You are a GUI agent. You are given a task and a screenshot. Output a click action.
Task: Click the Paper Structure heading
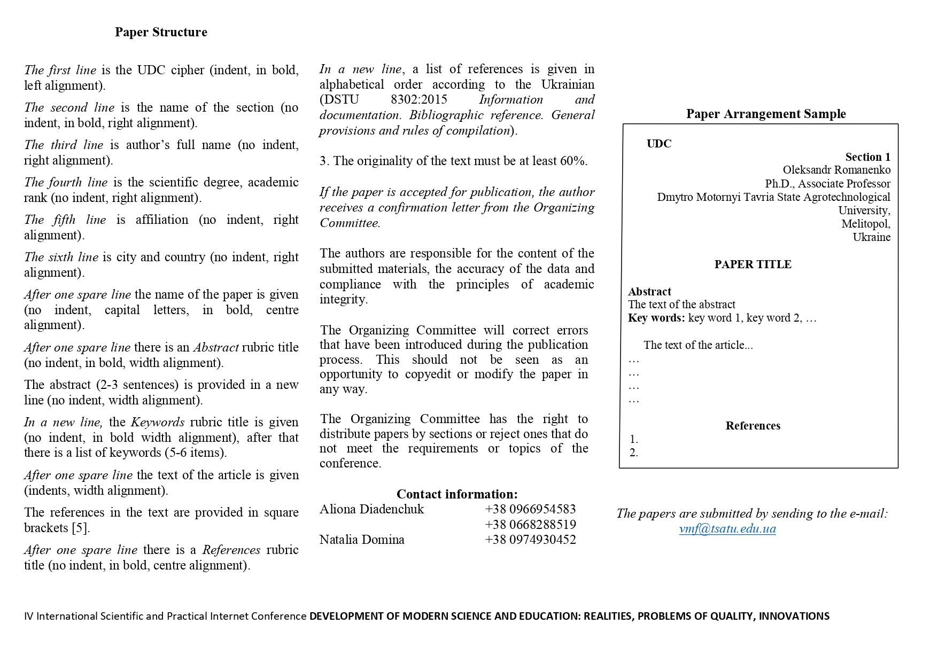click(161, 32)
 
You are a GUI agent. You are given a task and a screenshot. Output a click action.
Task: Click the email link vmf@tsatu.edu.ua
click(727, 529)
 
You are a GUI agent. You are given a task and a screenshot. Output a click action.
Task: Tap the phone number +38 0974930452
click(530, 540)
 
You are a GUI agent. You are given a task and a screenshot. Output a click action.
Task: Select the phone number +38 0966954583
click(530, 509)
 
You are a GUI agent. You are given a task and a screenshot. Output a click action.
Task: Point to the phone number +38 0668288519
click(530, 525)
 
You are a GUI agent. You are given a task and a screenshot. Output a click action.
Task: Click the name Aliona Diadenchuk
click(371, 509)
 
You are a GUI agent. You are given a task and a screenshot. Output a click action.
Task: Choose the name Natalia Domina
click(362, 540)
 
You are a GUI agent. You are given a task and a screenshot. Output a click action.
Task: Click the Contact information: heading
click(457, 494)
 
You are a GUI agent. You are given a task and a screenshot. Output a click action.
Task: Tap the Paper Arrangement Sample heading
click(766, 114)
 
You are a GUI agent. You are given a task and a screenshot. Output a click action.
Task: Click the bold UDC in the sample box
click(659, 144)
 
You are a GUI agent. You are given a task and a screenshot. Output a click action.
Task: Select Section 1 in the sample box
click(867, 157)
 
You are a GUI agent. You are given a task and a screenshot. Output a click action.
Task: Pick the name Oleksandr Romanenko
click(836, 170)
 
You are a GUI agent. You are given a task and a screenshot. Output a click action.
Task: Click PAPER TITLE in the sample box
click(753, 264)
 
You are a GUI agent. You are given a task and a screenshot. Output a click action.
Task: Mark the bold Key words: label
click(656, 318)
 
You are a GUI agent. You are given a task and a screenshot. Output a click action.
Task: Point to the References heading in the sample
click(753, 426)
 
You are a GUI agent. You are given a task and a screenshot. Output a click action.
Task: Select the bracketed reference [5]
click(80, 528)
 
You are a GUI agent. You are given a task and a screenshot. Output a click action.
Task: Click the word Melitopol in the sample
click(865, 224)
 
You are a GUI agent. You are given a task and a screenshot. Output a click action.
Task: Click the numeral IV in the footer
click(28, 616)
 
